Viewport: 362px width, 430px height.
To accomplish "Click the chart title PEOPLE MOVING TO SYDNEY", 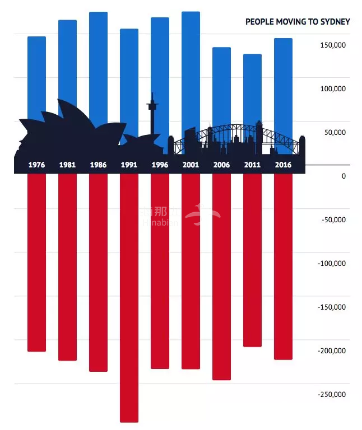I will (298, 22).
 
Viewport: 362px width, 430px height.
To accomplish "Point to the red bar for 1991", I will (129, 297).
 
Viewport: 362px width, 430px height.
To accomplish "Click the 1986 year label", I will (98, 165).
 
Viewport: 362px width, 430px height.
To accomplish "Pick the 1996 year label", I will (160, 165).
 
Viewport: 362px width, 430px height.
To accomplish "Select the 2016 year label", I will (283, 165).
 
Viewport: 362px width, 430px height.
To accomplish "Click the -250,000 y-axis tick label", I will (332, 395).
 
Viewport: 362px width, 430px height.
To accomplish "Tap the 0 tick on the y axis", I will (344, 176).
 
